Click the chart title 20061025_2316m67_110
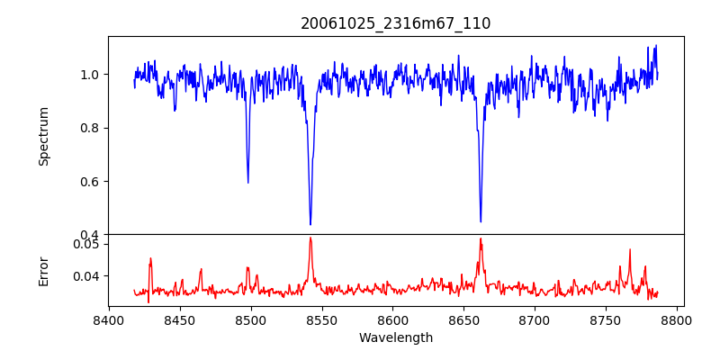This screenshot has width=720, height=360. [x=395, y=23]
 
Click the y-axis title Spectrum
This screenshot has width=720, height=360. [x=43, y=136]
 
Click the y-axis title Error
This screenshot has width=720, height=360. [x=43, y=270]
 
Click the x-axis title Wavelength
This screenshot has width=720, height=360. [x=395, y=338]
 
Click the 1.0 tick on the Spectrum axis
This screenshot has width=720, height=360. [x=91, y=74]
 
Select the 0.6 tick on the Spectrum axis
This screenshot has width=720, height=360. [x=91, y=181]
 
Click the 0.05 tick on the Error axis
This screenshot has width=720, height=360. [x=87, y=244]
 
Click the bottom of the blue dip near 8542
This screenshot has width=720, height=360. [x=310, y=224]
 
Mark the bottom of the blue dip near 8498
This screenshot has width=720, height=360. [x=247, y=183]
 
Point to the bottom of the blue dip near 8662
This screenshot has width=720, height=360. [x=481, y=221]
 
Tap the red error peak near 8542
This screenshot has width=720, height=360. [x=310, y=238]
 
